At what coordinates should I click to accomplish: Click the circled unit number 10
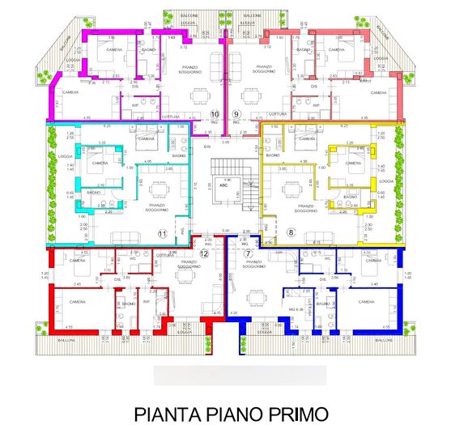(215, 114)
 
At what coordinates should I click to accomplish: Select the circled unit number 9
(236, 114)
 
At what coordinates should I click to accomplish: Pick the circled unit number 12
(204, 254)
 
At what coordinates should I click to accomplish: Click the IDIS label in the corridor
(207, 147)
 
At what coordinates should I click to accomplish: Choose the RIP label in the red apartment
(147, 302)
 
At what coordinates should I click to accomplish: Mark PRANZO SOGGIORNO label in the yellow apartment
(305, 207)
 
